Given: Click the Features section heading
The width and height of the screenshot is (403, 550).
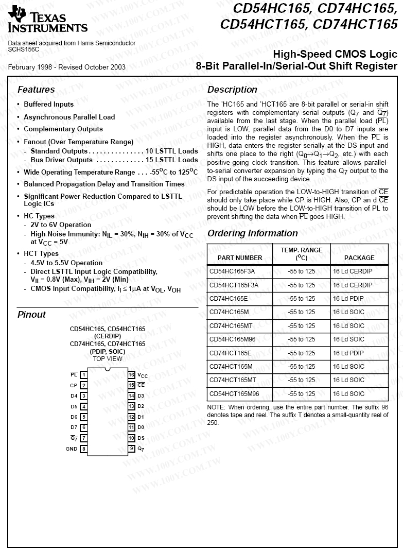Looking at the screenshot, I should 36,90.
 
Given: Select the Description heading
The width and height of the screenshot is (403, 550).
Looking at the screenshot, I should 232,90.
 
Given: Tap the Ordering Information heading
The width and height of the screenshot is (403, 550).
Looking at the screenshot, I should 253,233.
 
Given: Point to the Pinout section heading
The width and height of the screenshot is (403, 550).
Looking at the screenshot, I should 31,315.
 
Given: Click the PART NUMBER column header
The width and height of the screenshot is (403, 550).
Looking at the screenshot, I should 240,257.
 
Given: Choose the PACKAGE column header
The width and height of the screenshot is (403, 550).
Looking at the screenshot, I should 359,257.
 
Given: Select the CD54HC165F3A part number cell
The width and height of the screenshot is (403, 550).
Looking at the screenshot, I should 232,271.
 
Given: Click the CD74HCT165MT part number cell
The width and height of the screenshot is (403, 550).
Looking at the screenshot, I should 233,380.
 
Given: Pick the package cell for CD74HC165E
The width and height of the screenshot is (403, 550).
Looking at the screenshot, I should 349,298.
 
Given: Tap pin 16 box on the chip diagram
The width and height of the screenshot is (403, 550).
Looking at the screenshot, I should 132,375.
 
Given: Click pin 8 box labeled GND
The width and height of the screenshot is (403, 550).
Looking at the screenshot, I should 83,449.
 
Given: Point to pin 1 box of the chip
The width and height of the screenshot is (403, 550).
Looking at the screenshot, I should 83,375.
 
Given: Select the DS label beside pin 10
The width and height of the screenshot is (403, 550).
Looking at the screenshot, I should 141,438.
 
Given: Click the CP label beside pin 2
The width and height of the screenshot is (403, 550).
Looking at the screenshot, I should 74,385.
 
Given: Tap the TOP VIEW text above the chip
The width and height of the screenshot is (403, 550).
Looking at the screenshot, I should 108,358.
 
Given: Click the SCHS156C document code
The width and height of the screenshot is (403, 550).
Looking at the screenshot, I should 24,49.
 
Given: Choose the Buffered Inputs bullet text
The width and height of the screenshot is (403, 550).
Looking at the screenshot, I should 49,105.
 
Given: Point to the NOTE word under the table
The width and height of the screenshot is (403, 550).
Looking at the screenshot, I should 215,407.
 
